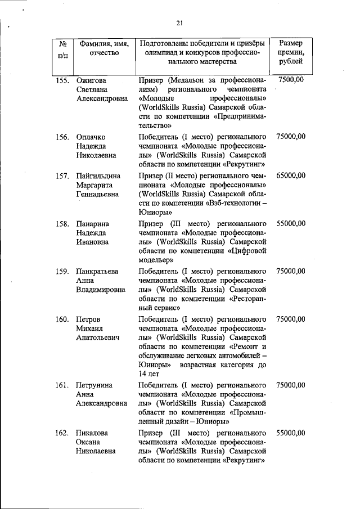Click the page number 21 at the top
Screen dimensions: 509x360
pos(179,22)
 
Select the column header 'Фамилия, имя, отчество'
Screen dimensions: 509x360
pos(104,48)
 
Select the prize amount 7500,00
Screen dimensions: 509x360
pos(291,80)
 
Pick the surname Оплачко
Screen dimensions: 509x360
pos(91,137)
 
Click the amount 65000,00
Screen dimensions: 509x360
pos(291,175)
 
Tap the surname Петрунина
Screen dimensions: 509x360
pos(94,385)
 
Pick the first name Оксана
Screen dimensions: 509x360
pos(90,442)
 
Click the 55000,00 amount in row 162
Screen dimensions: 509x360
pos(291,433)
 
